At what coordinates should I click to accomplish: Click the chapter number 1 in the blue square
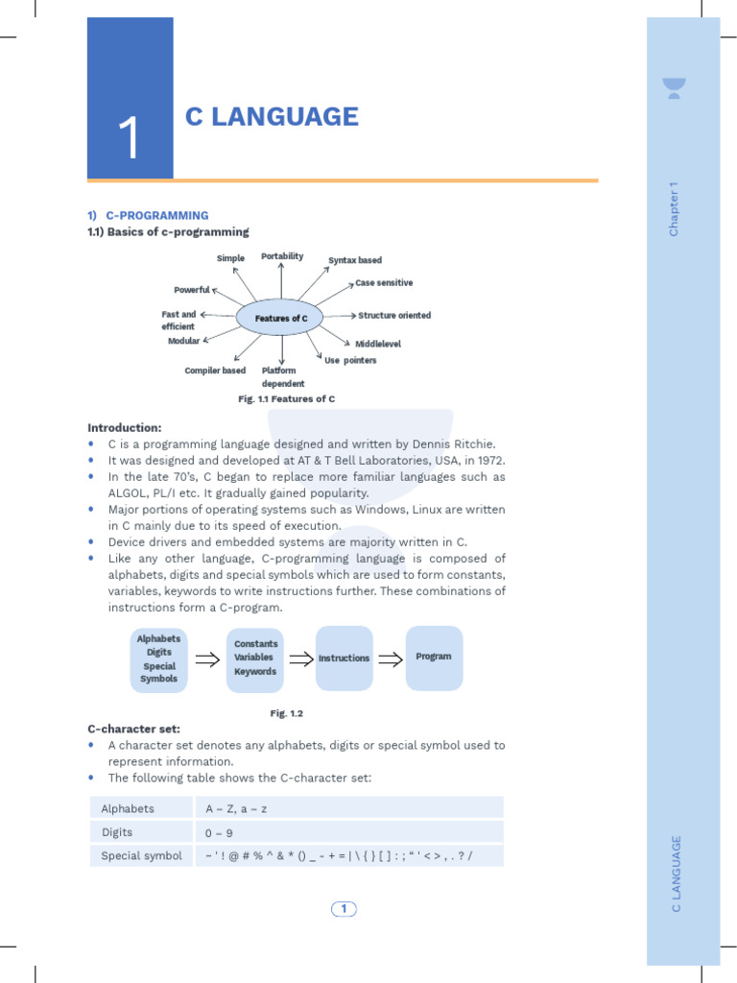pos(130,138)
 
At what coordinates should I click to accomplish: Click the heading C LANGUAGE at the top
pos(272,117)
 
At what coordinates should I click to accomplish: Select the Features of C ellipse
pos(280,318)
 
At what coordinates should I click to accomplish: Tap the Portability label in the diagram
pos(282,256)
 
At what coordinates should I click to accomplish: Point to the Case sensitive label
pos(384,283)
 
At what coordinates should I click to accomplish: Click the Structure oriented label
pos(394,316)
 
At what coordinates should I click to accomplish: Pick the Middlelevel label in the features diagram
pos(378,344)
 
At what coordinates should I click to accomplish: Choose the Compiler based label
pos(215,371)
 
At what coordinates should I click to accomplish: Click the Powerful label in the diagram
pos(191,290)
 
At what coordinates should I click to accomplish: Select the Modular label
pos(183,342)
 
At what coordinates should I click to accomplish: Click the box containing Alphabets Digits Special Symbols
pos(159,659)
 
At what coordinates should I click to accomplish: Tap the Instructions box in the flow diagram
pos(344,659)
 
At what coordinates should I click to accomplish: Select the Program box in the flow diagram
pos(434,658)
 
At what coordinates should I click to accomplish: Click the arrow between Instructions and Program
pos(389,659)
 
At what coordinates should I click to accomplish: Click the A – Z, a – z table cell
pos(236,808)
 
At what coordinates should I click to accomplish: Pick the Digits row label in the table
pos(117,832)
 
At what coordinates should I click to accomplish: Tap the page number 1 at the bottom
pos(344,909)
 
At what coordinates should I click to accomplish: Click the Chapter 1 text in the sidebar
pos(674,208)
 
